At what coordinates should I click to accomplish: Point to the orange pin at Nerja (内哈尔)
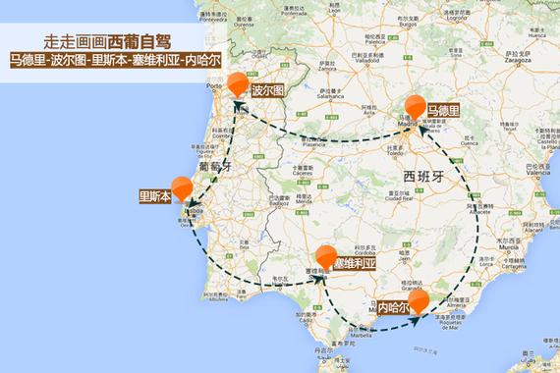click(x=420, y=298)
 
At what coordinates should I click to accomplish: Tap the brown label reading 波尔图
click(x=266, y=90)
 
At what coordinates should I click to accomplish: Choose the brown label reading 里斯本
click(x=155, y=195)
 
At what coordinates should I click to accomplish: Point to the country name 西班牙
click(x=423, y=175)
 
